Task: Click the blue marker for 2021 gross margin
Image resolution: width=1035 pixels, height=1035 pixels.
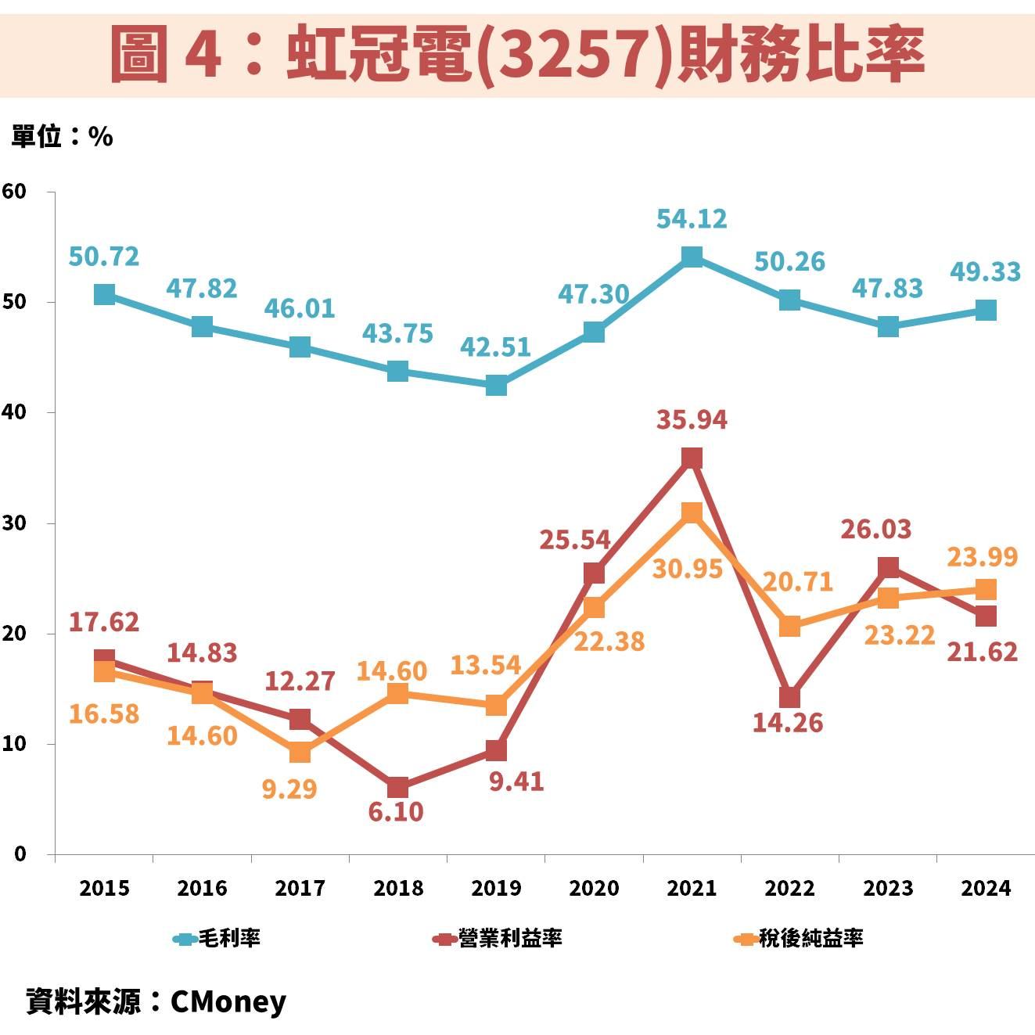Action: coord(692,257)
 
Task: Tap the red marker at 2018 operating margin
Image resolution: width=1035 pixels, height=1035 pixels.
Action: coord(397,787)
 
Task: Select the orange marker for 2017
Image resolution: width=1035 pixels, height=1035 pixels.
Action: coord(300,753)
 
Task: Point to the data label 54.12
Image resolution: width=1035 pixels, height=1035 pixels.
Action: coord(692,219)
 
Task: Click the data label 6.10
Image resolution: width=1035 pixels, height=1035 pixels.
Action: coord(396,812)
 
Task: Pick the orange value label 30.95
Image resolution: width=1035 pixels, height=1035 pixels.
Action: coord(688,569)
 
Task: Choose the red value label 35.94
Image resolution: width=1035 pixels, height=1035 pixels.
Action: coord(692,420)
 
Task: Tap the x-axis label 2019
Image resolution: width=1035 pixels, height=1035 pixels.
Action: coord(496,888)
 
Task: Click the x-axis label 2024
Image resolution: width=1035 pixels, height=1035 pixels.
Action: coord(986,888)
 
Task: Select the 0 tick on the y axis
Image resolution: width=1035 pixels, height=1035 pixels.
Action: coord(20,854)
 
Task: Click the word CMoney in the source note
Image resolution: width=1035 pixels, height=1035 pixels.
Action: coord(228,1001)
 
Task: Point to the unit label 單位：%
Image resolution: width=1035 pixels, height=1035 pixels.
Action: coord(62,137)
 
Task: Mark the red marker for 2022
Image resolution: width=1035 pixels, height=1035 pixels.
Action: coord(789,697)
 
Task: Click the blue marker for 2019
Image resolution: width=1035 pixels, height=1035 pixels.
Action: coord(496,385)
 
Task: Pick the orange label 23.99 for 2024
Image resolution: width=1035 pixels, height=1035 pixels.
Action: coord(982,557)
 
